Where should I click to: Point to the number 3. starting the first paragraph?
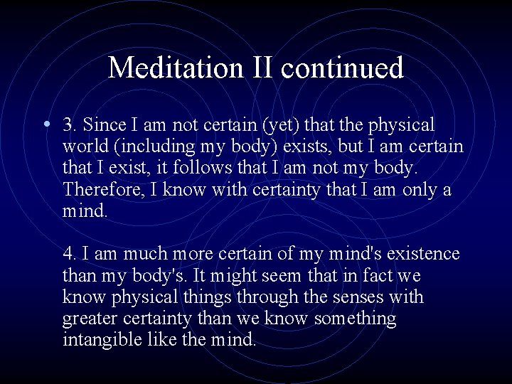pos(69,125)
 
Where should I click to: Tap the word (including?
pos(150,147)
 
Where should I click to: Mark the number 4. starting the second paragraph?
pos(69,254)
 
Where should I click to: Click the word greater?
pos(90,318)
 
